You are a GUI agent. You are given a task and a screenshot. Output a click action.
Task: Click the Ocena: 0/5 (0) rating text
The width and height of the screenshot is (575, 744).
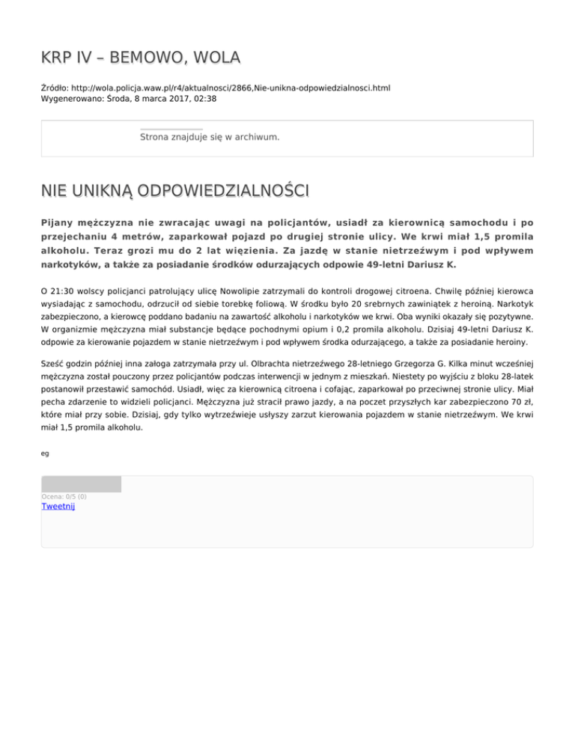[64, 496]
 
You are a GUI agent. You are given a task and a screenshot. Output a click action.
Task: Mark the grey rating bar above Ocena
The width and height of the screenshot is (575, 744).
[81, 484]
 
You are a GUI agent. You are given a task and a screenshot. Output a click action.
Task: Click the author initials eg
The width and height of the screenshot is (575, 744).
[45, 452]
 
